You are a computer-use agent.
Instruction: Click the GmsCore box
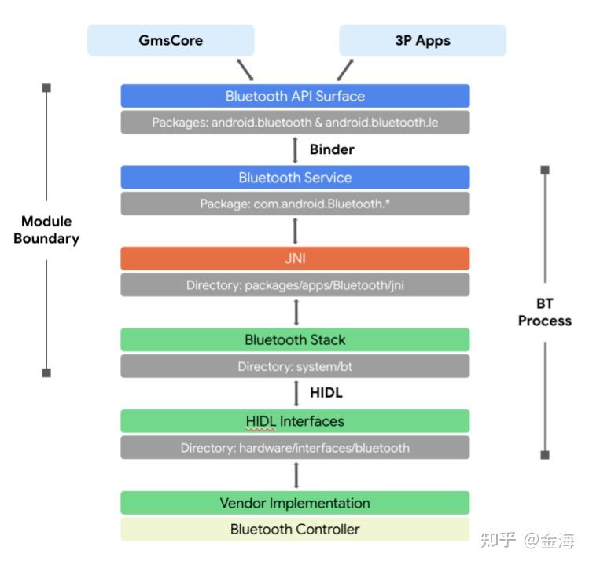(171, 40)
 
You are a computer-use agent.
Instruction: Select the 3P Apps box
(422, 40)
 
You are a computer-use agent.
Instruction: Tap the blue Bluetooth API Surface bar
(295, 96)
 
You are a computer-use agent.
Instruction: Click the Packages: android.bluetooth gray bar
(295, 123)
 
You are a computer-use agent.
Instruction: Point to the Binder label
(331, 149)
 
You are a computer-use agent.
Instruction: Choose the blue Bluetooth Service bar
(295, 177)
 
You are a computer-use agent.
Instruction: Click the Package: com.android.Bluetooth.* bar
(295, 204)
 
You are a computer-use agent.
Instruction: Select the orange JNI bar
(295, 259)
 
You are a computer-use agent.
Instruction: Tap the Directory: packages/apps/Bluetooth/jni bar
(295, 285)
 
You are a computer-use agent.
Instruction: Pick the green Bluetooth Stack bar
(295, 339)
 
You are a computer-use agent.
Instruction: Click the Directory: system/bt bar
(295, 366)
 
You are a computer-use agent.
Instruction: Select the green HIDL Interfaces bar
(295, 421)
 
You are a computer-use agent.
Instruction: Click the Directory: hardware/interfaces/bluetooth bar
(295, 448)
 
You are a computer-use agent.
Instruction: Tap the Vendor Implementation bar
(295, 503)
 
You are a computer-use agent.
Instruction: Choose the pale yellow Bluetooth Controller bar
(295, 529)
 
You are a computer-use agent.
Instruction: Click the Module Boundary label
(46, 229)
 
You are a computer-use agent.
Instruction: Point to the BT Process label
(544, 312)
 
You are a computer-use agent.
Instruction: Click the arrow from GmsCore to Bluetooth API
(245, 68)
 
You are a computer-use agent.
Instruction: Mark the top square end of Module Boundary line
(46, 87)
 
